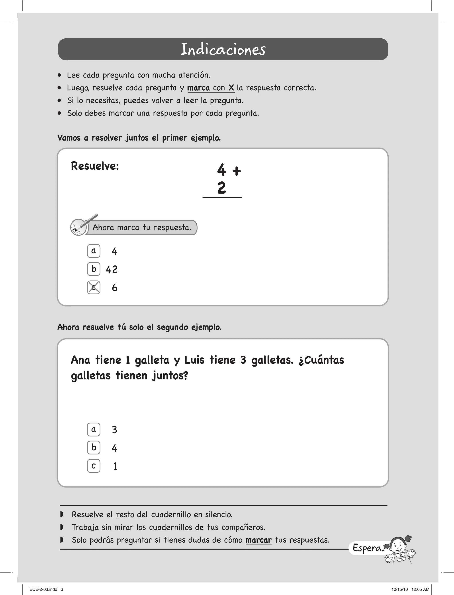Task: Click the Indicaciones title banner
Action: point(223,49)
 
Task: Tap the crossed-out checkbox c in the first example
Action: point(94,287)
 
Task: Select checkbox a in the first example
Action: point(94,251)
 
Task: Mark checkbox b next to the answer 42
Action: point(94,269)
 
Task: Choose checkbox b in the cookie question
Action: point(94,448)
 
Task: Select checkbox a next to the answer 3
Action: point(94,429)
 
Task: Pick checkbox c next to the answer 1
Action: point(94,466)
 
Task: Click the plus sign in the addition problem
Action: point(237,171)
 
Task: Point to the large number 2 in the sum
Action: point(222,188)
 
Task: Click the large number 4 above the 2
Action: point(222,170)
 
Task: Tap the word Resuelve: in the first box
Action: point(95,166)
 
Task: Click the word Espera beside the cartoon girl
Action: point(368,548)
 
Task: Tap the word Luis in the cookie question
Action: point(194,360)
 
